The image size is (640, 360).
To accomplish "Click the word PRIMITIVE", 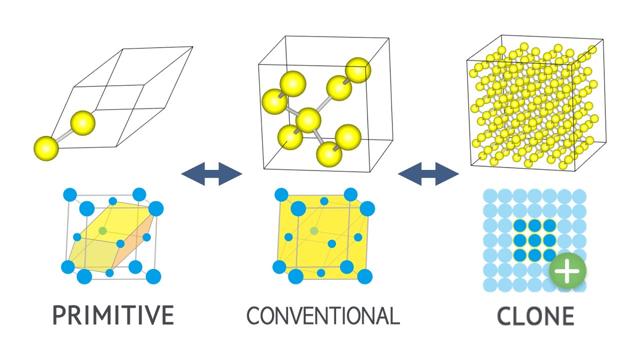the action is (113, 315).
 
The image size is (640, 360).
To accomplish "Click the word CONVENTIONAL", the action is (323, 315).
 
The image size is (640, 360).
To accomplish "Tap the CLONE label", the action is (535, 316).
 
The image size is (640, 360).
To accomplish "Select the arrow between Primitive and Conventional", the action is (211, 174).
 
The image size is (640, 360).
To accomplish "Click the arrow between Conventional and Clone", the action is (428, 174).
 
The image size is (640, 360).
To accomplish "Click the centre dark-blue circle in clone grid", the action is (535, 240).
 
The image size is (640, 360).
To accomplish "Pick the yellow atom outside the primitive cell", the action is (46, 148).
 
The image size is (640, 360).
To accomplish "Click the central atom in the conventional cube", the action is (308, 120).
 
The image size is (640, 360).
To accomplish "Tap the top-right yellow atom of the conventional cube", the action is (358, 70).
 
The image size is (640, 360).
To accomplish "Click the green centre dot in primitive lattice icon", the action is (102, 230).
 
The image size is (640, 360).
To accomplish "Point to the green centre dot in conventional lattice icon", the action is (314, 230).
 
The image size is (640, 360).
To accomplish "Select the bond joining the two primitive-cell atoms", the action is (64, 135).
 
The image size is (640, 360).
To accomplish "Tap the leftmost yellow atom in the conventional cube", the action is (274, 100).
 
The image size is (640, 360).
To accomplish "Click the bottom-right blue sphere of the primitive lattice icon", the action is (153, 276).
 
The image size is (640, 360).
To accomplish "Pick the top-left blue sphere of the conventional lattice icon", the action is (281, 194).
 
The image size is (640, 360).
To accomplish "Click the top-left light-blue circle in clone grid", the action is (490, 196).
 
